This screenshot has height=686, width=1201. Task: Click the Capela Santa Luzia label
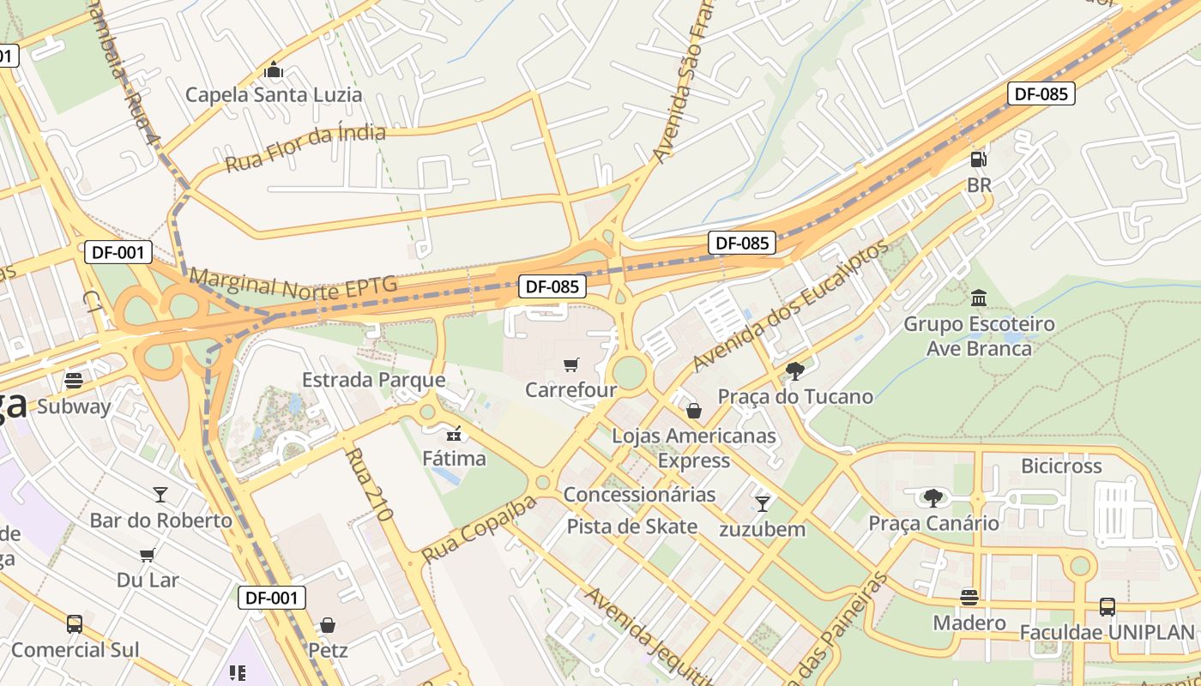coord(274,94)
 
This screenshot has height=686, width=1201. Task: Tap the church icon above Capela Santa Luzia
coord(274,69)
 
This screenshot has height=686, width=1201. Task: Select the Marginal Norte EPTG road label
coord(293,284)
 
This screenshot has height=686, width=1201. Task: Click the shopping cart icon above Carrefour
coord(570,365)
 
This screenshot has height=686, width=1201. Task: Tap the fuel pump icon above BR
coord(978,159)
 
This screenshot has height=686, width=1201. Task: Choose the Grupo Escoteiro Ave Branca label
coord(979,336)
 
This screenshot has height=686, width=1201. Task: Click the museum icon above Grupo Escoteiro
coord(979,298)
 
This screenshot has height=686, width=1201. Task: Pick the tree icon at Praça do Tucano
coord(795,371)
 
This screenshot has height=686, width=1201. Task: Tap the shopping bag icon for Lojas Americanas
coord(694,411)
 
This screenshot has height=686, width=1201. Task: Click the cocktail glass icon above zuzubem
coord(762,503)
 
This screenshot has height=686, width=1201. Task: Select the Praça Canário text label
coord(933,523)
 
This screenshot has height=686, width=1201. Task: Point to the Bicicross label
coord(1061,466)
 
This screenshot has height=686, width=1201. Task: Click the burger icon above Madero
coord(969,597)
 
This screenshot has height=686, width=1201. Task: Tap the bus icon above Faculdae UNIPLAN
coord(1107,607)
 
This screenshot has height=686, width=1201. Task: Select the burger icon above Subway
coord(74,381)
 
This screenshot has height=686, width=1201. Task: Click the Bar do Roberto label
coord(161,521)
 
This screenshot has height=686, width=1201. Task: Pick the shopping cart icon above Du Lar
coord(148,555)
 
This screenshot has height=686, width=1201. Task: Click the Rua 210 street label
coord(371,485)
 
